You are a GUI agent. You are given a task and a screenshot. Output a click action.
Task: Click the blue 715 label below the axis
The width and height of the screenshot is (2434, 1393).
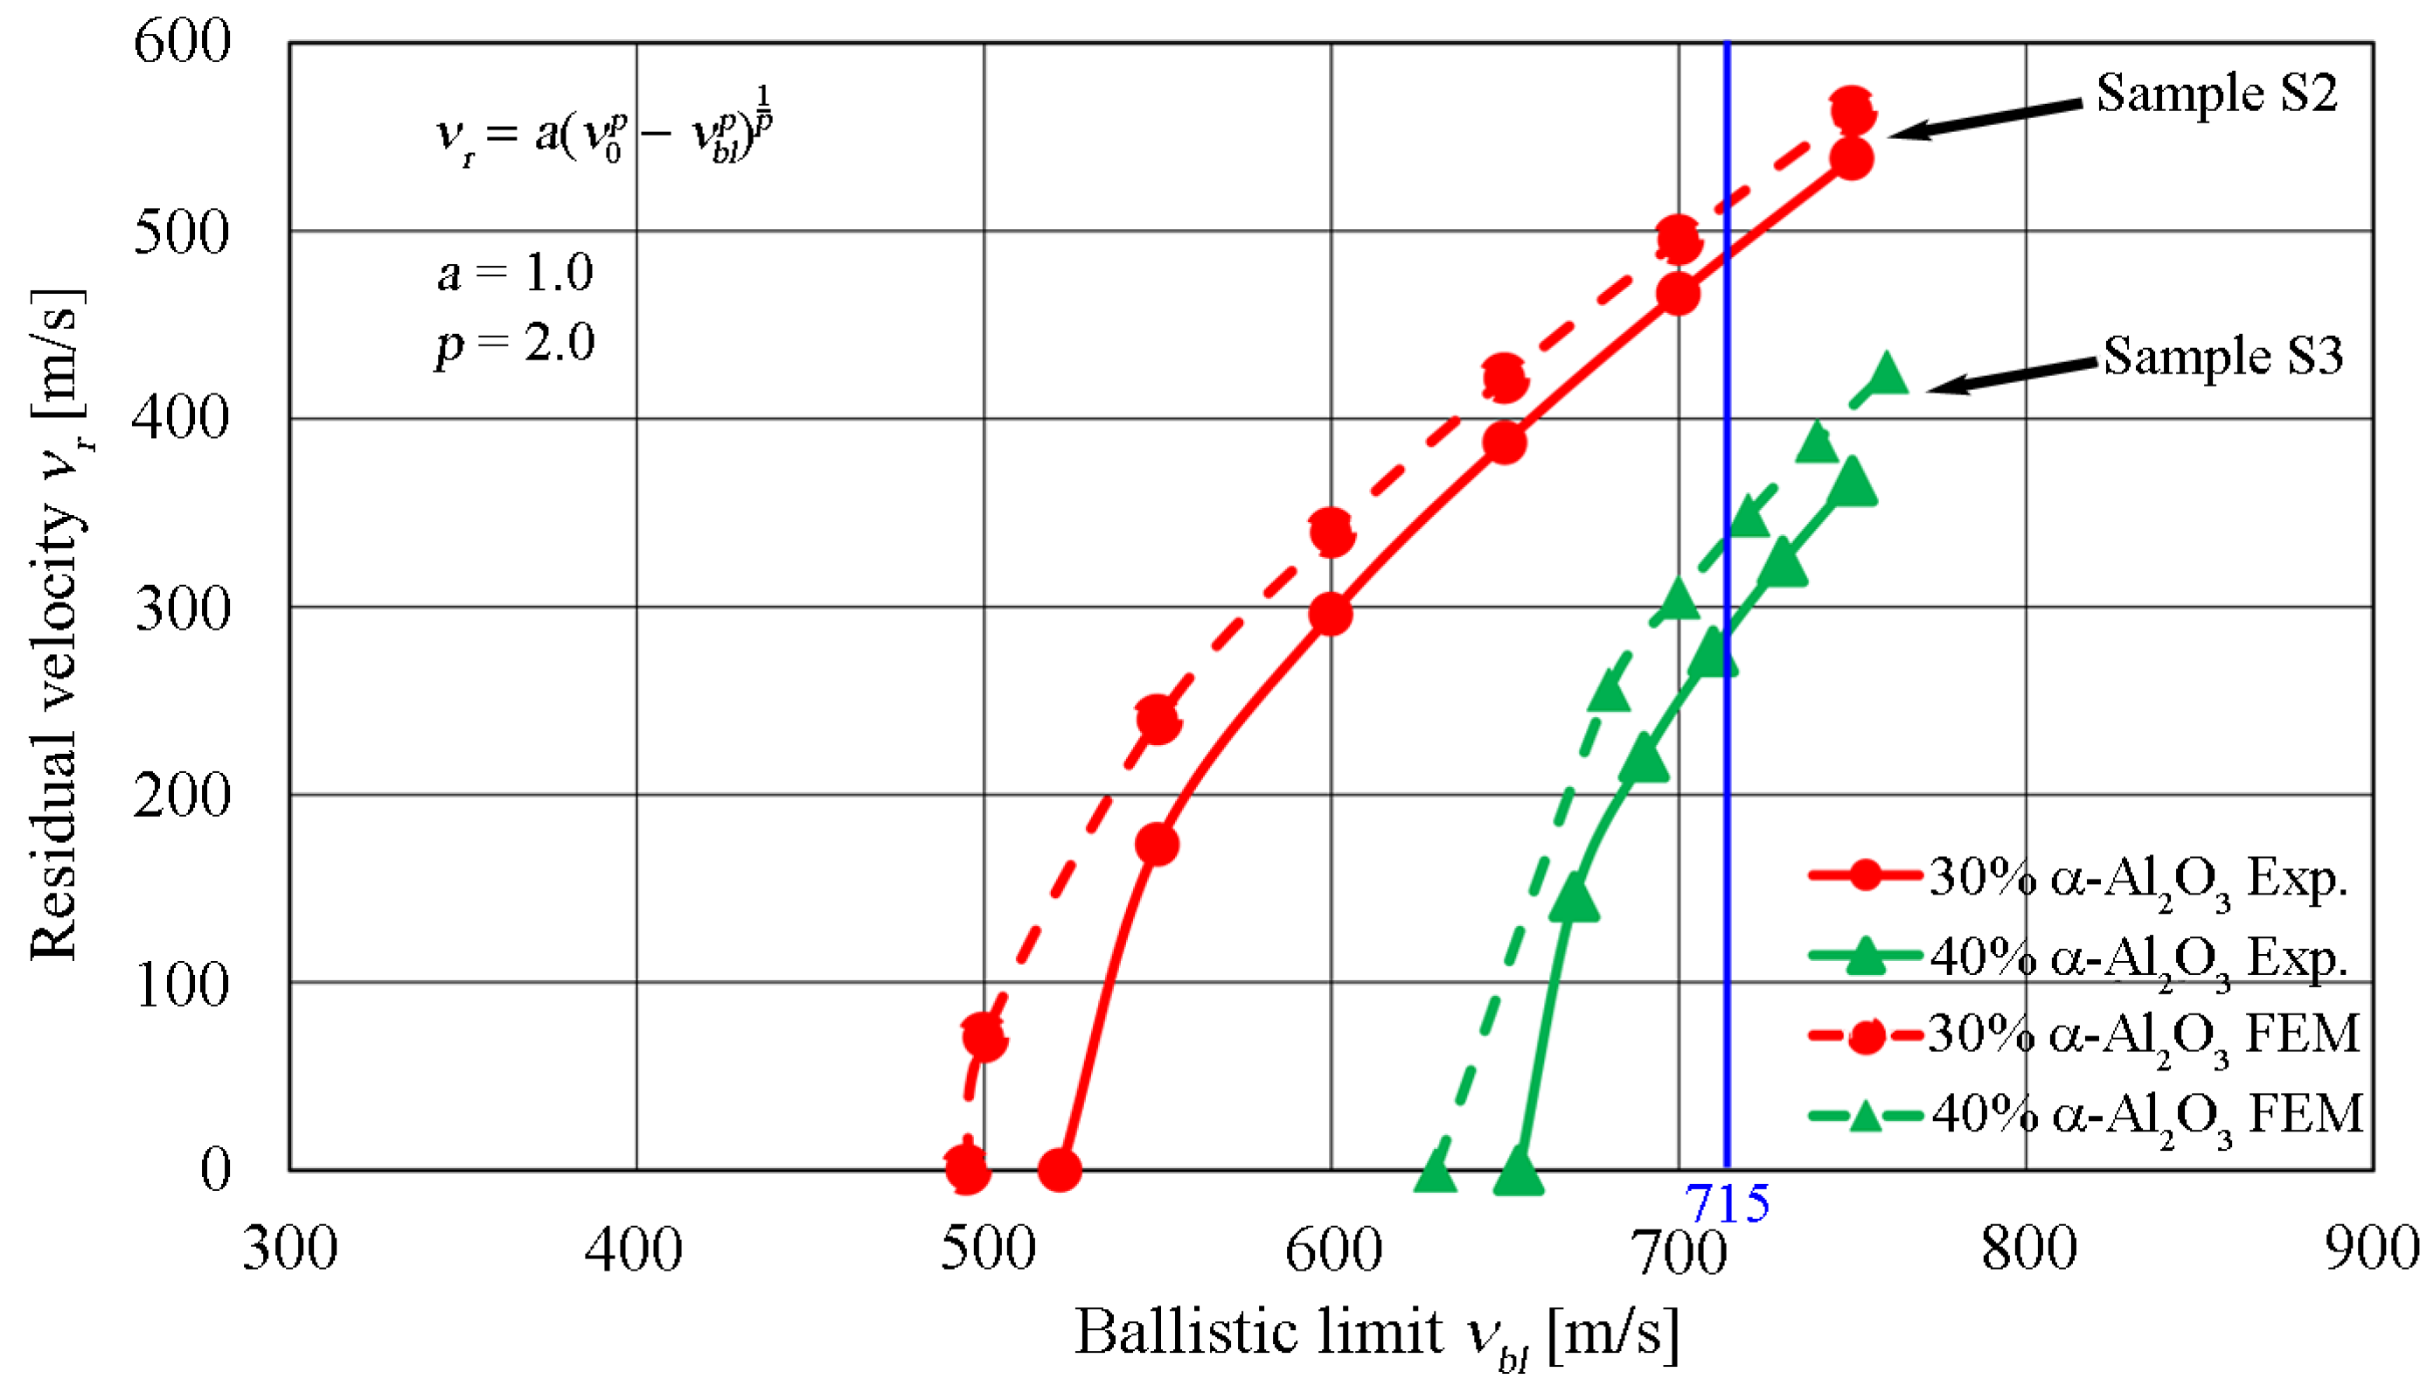click(1728, 1203)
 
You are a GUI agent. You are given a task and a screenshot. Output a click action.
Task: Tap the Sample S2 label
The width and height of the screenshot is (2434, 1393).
click(2217, 94)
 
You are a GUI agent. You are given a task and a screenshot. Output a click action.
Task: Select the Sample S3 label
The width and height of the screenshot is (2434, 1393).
click(2222, 356)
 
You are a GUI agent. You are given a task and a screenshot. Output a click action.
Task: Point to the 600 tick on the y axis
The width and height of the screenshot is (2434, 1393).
click(182, 42)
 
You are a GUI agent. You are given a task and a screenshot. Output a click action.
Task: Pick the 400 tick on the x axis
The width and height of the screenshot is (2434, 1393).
click(634, 1250)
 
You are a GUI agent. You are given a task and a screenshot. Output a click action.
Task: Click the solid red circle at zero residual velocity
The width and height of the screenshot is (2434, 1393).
click(1060, 1169)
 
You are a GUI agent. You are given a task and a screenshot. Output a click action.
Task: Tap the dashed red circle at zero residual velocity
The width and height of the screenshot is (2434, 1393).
click(967, 1168)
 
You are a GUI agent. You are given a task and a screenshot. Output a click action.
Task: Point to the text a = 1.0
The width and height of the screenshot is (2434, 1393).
click(515, 274)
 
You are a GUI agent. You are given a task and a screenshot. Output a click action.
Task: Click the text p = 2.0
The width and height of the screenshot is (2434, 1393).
click(515, 343)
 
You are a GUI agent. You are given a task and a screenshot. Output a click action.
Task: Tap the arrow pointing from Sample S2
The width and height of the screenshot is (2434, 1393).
click(1985, 119)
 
